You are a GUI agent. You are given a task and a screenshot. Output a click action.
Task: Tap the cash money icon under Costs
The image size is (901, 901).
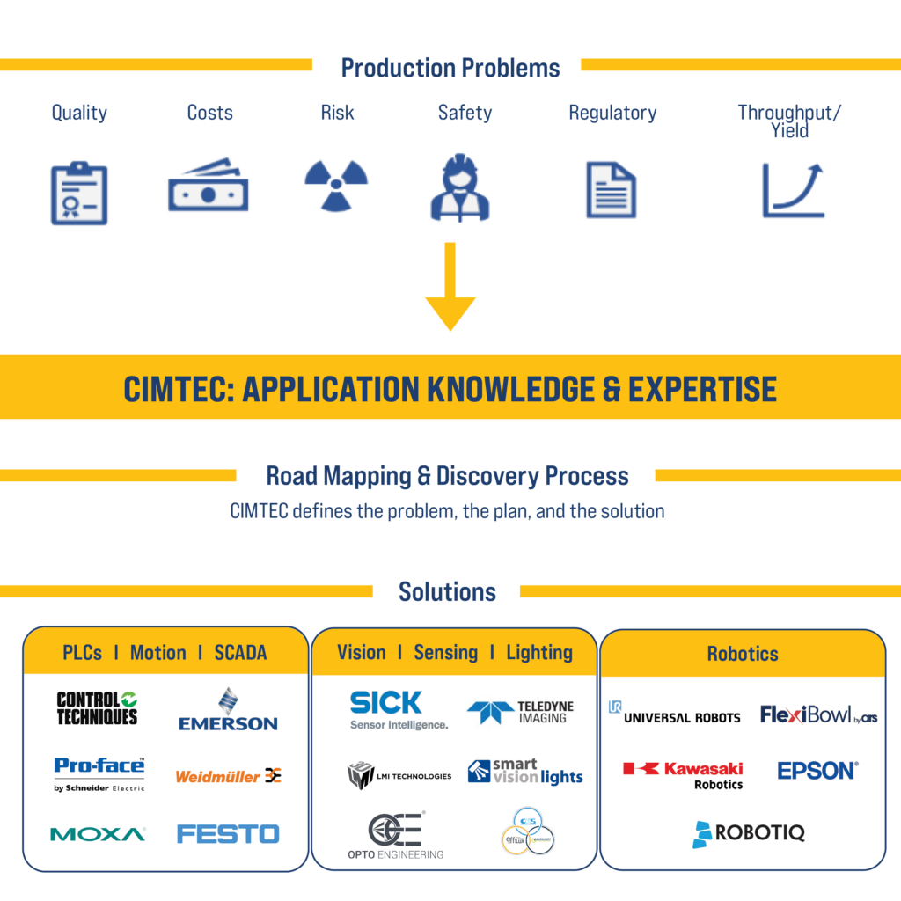(x=208, y=187)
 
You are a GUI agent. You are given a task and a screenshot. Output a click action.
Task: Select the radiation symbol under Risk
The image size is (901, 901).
(x=336, y=185)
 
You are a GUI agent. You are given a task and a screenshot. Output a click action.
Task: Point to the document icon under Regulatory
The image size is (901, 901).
(x=612, y=189)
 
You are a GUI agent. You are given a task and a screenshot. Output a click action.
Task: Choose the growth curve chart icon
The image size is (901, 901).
(x=793, y=189)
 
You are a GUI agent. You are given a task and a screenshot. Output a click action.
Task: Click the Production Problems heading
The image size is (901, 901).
(x=450, y=68)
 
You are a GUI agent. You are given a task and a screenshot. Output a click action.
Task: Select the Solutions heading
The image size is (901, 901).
(x=447, y=591)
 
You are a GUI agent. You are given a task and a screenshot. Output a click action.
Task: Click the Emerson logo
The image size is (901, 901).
(x=228, y=711)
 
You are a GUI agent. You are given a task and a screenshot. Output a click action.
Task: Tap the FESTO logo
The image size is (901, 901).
(x=228, y=833)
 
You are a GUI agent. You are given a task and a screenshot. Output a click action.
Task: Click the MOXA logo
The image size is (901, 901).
(x=98, y=834)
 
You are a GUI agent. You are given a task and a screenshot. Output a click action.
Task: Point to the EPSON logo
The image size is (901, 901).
(x=817, y=771)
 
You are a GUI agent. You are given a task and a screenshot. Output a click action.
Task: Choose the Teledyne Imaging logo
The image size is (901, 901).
(x=521, y=712)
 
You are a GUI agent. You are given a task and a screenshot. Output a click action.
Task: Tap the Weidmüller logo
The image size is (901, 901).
(x=228, y=776)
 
